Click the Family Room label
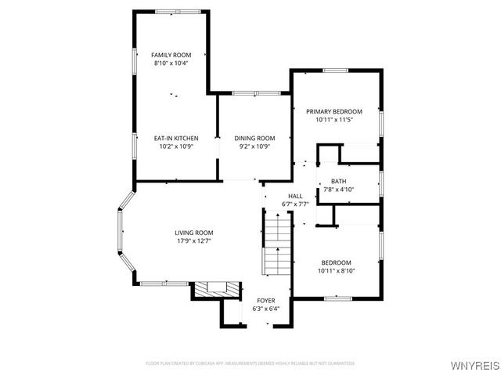pos(171,55)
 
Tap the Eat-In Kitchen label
pos(176,138)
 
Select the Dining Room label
pos(255,138)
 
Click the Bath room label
pos(338,181)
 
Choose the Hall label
pos(295,196)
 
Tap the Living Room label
pos(193,233)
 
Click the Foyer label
pos(266,301)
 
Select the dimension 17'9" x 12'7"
pos(193,240)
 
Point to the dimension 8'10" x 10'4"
pos(171,63)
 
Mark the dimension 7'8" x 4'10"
pos(338,189)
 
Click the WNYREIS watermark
pos(476,364)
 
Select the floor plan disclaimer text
pos(250,363)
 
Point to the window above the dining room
pos(255,93)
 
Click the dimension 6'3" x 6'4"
pos(266,309)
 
